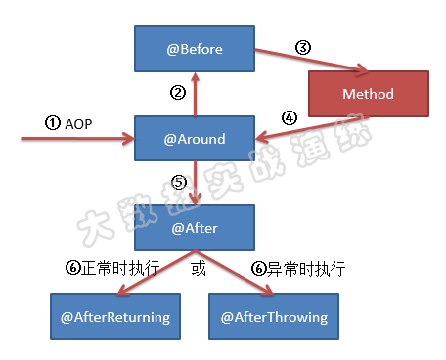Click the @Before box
[195, 48]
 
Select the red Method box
[368, 94]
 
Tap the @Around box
[195, 139]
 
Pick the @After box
[195, 227]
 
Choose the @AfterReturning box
[115, 317]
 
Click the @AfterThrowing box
[274, 317]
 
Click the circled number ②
[178, 94]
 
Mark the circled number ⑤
[178, 183]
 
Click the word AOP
[77, 123]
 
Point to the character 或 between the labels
[199, 268]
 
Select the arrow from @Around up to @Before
[195, 96]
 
